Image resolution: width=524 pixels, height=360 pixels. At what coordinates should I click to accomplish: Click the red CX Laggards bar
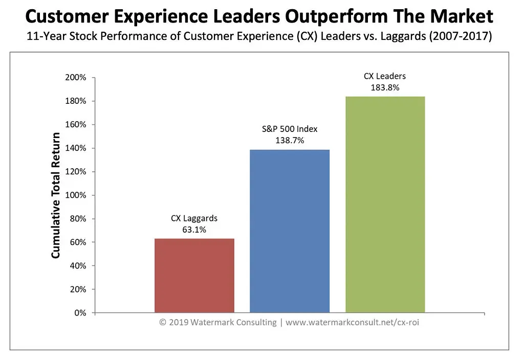pyautogui.click(x=194, y=276)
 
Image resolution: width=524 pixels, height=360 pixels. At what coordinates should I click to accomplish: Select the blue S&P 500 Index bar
pyautogui.click(x=290, y=231)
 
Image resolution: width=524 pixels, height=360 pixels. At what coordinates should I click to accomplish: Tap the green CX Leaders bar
pyautogui.click(x=385, y=205)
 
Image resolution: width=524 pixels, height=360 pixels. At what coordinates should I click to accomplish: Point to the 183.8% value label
pyautogui.click(x=385, y=87)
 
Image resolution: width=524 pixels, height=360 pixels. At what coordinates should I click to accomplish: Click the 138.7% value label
pyautogui.click(x=290, y=140)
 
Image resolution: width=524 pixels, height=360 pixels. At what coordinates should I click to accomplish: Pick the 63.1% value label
pyautogui.click(x=194, y=230)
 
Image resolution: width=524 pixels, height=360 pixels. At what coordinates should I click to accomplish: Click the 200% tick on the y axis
pyautogui.click(x=76, y=78)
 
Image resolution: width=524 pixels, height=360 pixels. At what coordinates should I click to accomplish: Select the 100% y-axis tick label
pyautogui.click(x=76, y=195)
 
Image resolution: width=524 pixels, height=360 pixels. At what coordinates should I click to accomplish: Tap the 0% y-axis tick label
pyautogui.click(x=80, y=313)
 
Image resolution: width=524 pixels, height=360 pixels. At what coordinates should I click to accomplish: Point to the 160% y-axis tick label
pyautogui.click(x=76, y=125)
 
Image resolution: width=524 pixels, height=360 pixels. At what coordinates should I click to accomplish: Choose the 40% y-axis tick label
pyautogui.click(x=78, y=266)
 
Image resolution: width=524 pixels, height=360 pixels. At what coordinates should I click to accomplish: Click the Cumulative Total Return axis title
pyautogui.click(x=55, y=195)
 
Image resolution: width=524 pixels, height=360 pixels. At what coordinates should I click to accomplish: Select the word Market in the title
pyautogui.click(x=462, y=16)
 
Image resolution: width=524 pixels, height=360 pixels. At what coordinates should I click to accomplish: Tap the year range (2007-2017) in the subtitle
pyautogui.click(x=461, y=36)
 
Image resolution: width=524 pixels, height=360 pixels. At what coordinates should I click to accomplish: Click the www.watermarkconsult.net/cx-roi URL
pyautogui.click(x=352, y=323)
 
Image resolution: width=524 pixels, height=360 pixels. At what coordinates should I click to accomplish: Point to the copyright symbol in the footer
pyautogui.click(x=163, y=323)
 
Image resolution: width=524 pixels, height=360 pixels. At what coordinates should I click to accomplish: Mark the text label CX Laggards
pyautogui.click(x=194, y=218)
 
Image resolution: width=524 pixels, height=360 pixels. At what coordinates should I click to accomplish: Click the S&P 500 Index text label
pyautogui.click(x=290, y=129)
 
